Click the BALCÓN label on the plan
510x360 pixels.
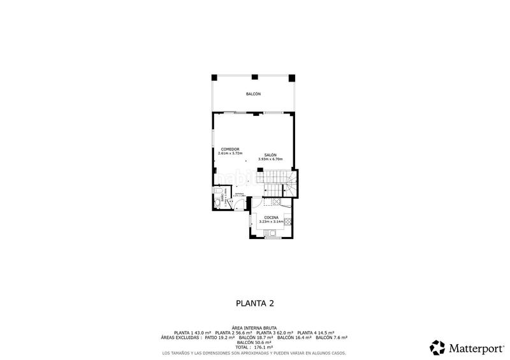254,94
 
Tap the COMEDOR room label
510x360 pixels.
226,149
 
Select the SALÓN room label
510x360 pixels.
270,155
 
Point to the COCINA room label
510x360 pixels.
272,217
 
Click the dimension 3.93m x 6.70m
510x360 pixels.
270,159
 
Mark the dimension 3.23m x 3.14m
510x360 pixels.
272,221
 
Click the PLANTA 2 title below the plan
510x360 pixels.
254,304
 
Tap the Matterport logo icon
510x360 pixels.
437,347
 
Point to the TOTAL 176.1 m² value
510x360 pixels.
254,346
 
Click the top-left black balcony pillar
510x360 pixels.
215,77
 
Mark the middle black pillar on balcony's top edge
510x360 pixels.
254,77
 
